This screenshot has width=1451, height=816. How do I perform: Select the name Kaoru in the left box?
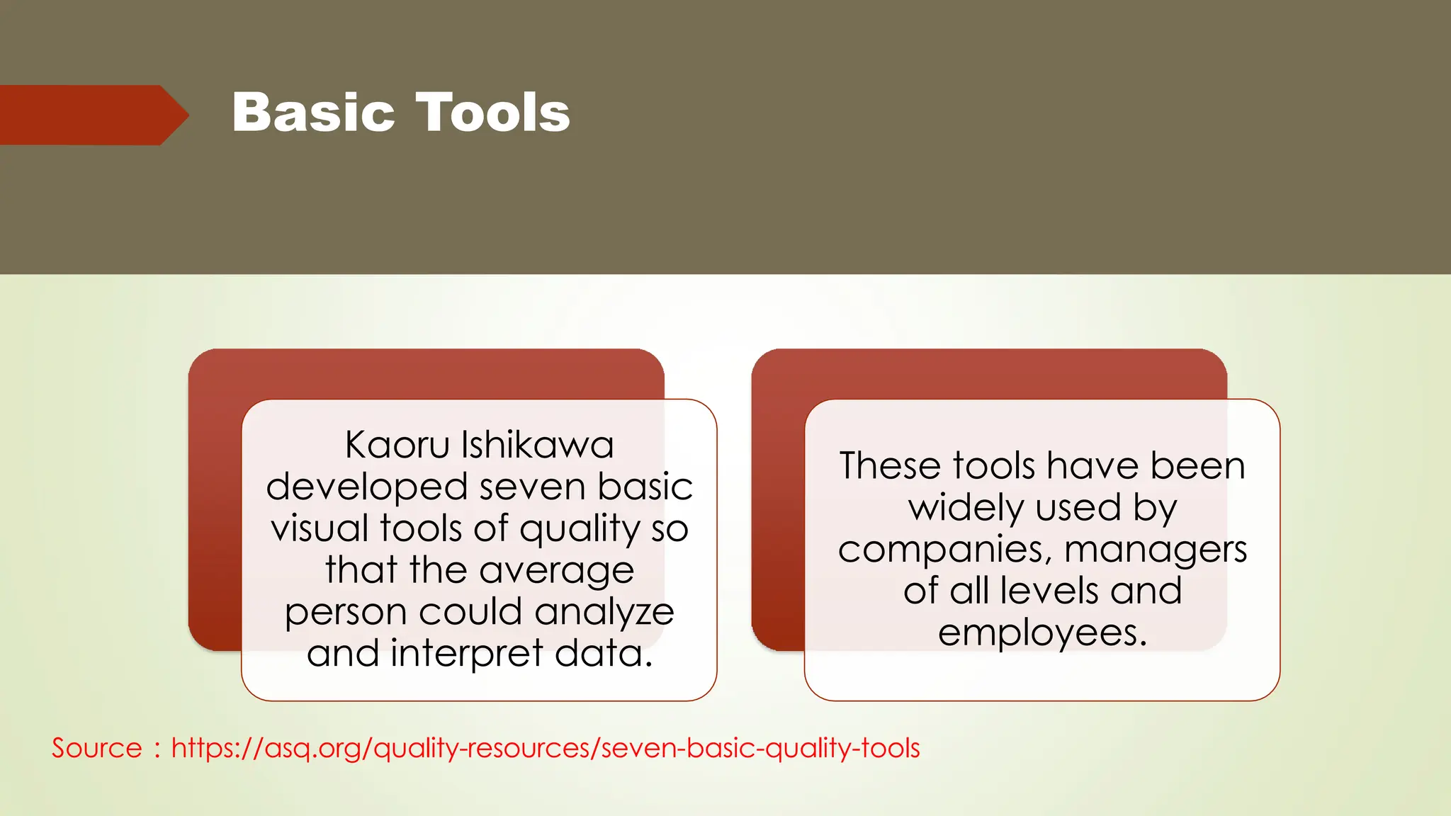point(397,446)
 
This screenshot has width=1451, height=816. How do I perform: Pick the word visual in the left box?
point(320,528)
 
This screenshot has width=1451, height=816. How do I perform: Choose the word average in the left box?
point(556,571)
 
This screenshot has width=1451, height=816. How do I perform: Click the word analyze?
point(604,613)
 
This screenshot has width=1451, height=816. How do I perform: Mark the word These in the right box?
point(890,466)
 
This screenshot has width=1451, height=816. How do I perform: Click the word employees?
point(1041,633)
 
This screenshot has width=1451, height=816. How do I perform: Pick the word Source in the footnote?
point(97,748)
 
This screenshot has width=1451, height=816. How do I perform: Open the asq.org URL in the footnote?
point(546,749)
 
